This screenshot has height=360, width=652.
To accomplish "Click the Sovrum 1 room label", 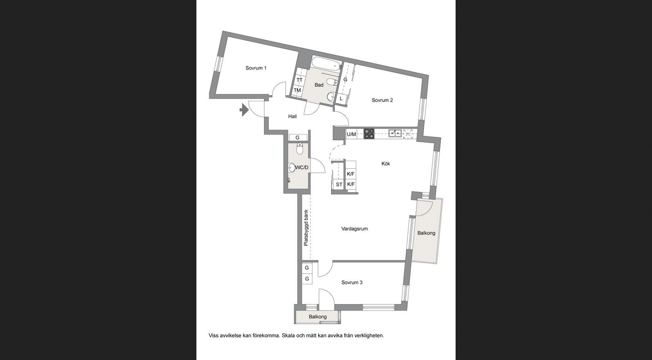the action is coord(256,68).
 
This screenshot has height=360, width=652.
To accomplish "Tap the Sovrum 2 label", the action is coord(382,100).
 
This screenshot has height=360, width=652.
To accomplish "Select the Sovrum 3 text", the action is coord(352,282).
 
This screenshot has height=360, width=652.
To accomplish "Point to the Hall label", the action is coord(292,117).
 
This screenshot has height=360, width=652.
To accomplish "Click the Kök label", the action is coord(386,164).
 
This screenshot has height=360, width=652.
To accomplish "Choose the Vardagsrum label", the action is coord(354,229).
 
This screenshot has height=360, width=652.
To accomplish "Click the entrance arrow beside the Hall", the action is coord(244,110).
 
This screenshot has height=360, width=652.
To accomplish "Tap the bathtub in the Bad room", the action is coord(326,63).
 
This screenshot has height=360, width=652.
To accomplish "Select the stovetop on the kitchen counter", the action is coord(369,134).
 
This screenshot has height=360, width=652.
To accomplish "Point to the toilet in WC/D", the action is coord(300,149).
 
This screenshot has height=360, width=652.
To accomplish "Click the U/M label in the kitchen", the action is coord(351,134).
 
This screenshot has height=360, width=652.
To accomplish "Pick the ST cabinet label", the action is coord(339,185).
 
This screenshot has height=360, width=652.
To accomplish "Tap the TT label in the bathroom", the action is coord(299,80).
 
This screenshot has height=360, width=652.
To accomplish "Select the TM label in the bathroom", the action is coord(297,90).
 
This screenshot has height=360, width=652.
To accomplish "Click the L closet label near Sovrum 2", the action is coord(341,98).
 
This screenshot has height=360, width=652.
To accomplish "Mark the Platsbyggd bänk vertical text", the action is coord(306,228).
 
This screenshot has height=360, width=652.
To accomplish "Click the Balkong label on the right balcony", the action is coord(427,233).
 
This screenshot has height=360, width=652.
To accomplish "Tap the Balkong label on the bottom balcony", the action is coord(318,317).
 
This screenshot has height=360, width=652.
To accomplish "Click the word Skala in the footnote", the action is coord(288,336).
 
